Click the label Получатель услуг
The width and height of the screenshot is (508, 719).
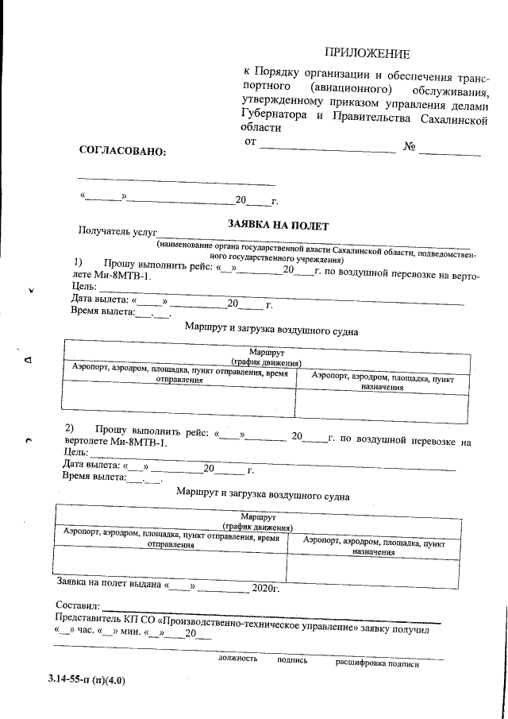pyautogui.click(x=113, y=231)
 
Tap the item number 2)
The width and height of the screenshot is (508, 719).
pyautogui.click(x=70, y=429)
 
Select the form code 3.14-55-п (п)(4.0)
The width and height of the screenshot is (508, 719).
pyautogui.click(x=86, y=680)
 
